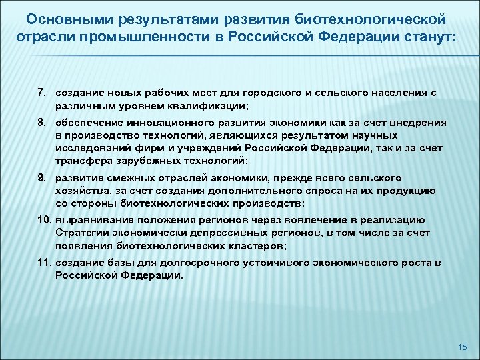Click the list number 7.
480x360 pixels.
pyautogui.click(x=41, y=90)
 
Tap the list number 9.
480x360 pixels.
pyautogui.click(x=41, y=178)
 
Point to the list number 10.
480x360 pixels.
pyautogui.click(x=43, y=221)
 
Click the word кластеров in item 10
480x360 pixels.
pyautogui.click(x=255, y=245)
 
